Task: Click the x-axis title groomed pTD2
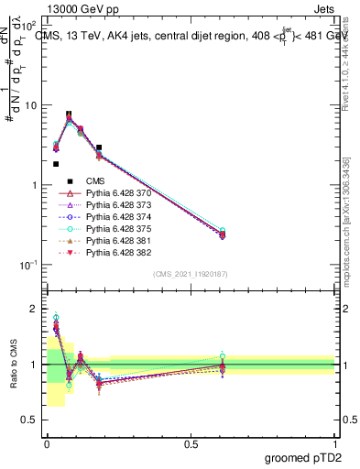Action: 303,455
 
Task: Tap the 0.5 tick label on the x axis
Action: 191,443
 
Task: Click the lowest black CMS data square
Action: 56,164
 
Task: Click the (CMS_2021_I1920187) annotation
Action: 191,274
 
